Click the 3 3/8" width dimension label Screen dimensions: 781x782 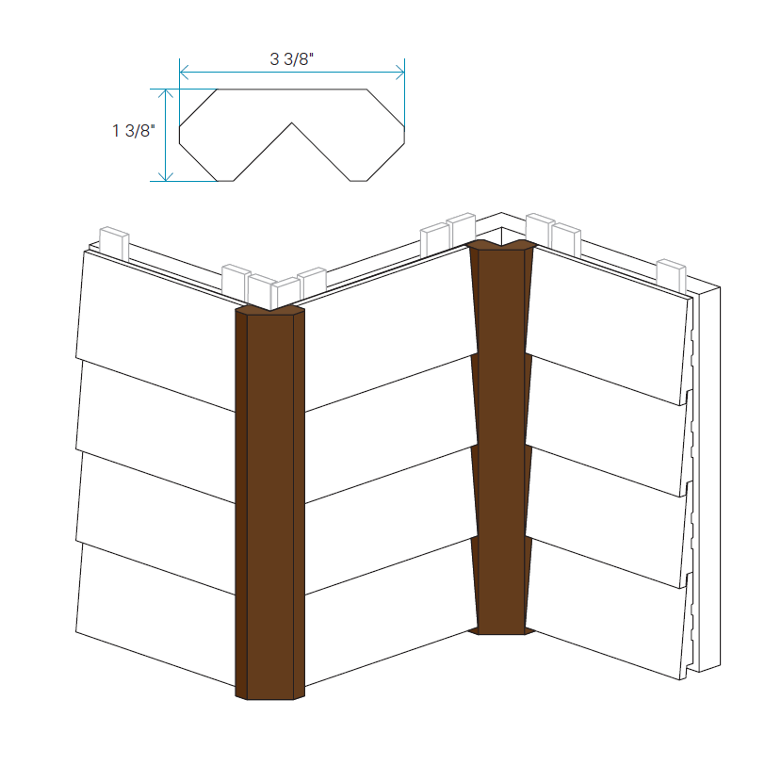coord(292,58)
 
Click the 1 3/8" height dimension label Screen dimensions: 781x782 coord(134,131)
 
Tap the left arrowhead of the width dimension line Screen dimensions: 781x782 coord(184,73)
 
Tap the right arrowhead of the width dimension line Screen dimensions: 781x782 coord(400,73)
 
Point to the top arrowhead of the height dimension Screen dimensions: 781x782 coord(166,94)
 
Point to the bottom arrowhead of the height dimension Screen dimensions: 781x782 coord(166,176)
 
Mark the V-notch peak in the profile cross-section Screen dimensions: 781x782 coord(292,123)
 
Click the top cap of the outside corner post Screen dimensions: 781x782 coord(269,310)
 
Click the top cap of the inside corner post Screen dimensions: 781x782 coord(503,245)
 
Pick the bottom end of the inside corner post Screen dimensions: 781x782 coord(501,631)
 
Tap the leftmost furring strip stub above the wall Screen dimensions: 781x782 coord(115,243)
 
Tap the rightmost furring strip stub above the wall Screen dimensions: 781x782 coord(672,276)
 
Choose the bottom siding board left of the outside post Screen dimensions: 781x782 coord(155,614)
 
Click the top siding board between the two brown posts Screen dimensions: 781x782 coord(389,329)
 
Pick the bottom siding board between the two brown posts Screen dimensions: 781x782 coord(390,611)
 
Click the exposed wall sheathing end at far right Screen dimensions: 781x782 coord(709,479)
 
